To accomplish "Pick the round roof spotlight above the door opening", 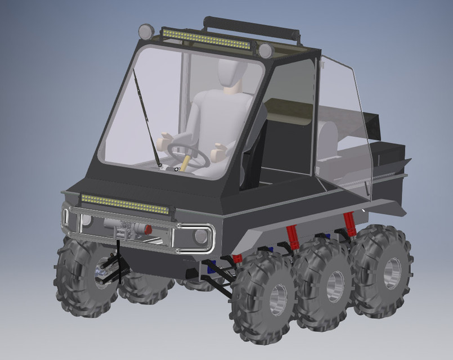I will tap(266, 51).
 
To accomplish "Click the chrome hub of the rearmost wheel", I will tap(392, 273).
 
